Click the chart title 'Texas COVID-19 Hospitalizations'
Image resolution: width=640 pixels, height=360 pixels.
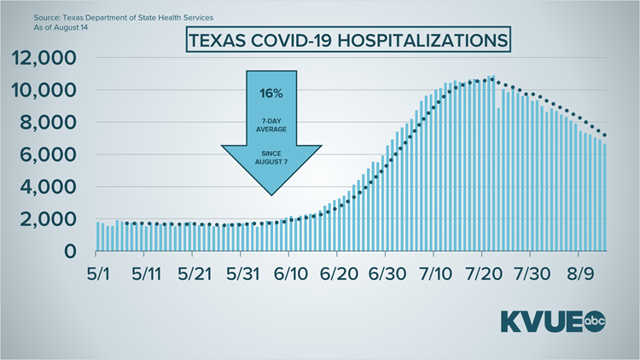click(x=345, y=40)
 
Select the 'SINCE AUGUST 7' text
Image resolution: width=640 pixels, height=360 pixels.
click(x=271, y=158)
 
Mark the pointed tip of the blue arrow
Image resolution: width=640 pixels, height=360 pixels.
click(x=271, y=204)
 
